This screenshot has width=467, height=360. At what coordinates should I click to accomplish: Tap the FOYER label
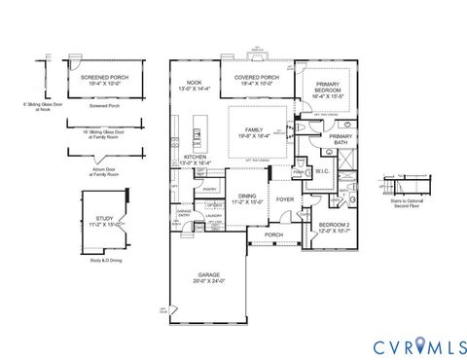(x=284, y=199)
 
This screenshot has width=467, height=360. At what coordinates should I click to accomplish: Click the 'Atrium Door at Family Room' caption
(x=88, y=171)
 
